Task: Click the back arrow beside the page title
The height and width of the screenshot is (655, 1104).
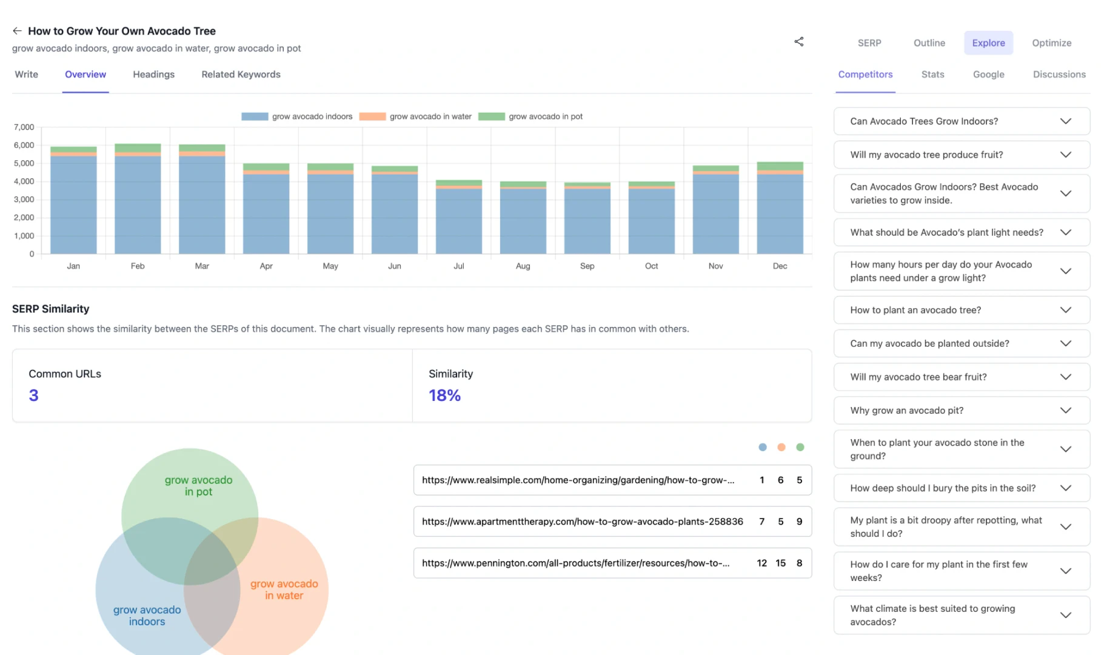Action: tap(17, 31)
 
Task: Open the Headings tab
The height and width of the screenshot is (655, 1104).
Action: tap(153, 75)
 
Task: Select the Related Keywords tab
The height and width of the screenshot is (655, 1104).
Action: tap(241, 75)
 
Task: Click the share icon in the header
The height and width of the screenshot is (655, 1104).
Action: tap(798, 42)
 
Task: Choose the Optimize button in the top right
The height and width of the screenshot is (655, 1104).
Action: tap(1051, 43)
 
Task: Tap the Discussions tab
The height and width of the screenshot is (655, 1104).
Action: tap(1059, 75)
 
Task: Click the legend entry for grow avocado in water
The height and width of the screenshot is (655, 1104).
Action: tap(415, 116)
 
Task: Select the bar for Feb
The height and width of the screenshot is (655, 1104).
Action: tap(138, 200)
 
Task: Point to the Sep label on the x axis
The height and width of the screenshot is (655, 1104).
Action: tap(587, 266)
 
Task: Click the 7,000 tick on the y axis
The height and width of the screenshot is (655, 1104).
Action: tap(24, 127)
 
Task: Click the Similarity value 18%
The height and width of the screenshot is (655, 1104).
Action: tap(444, 395)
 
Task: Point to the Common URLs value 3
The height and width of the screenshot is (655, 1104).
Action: tap(33, 395)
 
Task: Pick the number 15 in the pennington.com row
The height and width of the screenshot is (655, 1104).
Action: tap(780, 563)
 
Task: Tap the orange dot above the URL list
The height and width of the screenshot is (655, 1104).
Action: tap(781, 448)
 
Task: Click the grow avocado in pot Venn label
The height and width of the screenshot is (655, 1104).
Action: tap(198, 486)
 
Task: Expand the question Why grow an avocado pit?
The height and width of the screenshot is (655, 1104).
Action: tap(961, 411)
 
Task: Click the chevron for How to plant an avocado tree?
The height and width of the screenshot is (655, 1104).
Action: tap(1065, 310)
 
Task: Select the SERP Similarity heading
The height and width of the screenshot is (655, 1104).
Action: tap(50, 309)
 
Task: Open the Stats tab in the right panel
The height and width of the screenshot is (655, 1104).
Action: tap(932, 75)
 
